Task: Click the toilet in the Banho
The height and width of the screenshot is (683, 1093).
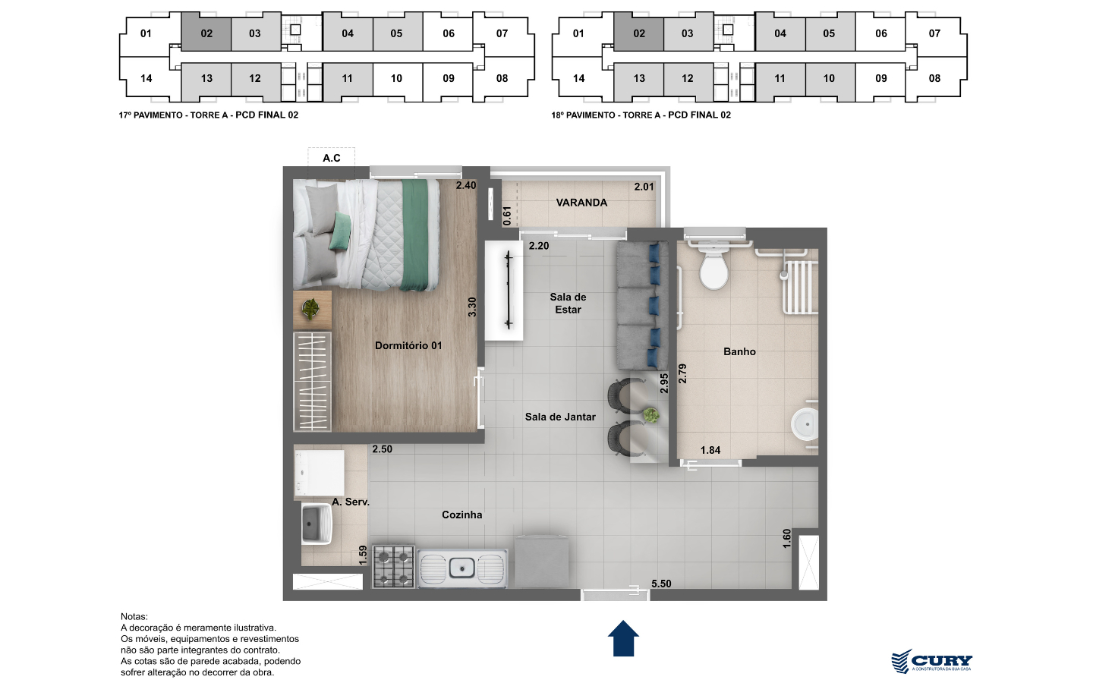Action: click(x=713, y=266)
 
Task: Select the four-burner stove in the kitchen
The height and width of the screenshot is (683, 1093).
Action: click(x=393, y=566)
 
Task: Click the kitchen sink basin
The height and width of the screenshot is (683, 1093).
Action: click(x=461, y=568)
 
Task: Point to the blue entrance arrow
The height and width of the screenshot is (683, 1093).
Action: click(x=623, y=638)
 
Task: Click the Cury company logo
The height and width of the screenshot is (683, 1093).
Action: click(x=932, y=662)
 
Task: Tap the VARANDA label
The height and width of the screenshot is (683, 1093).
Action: click(x=581, y=203)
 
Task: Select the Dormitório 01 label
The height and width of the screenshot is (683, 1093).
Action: click(x=408, y=345)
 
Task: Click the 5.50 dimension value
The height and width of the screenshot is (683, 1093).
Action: click(x=661, y=584)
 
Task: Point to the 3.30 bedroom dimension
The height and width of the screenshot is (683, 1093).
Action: click(x=472, y=307)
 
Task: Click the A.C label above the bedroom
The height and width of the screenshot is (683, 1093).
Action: click(x=331, y=158)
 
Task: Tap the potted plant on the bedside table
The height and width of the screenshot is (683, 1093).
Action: click(x=310, y=308)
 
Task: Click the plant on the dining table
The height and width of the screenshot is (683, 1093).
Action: click(x=650, y=415)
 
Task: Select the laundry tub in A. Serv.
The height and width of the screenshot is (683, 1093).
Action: click(x=317, y=524)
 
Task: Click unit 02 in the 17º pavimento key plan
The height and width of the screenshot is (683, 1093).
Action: click(x=206, y=33)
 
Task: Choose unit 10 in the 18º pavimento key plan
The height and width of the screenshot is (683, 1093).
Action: click(x=829, y=78)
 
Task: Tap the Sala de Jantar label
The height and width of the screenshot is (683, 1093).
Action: click(x=560, y=417)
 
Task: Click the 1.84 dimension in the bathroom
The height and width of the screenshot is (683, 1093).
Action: click(x=710, y=450)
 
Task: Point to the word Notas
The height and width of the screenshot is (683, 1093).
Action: click(x=134, y=617)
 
